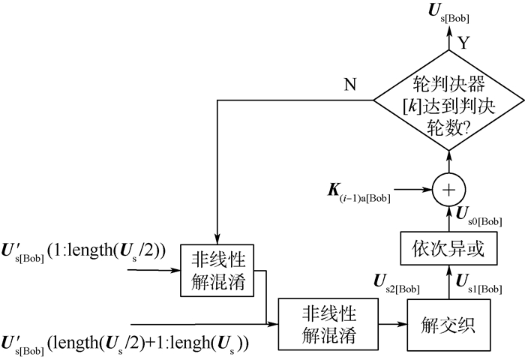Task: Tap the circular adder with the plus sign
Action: tap(448, 190)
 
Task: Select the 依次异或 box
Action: tap(448, 247)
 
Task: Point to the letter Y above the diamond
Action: tap(463, 43)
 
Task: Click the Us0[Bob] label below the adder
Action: tap(480, 216)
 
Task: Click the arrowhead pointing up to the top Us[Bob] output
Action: tap(448, 33)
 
